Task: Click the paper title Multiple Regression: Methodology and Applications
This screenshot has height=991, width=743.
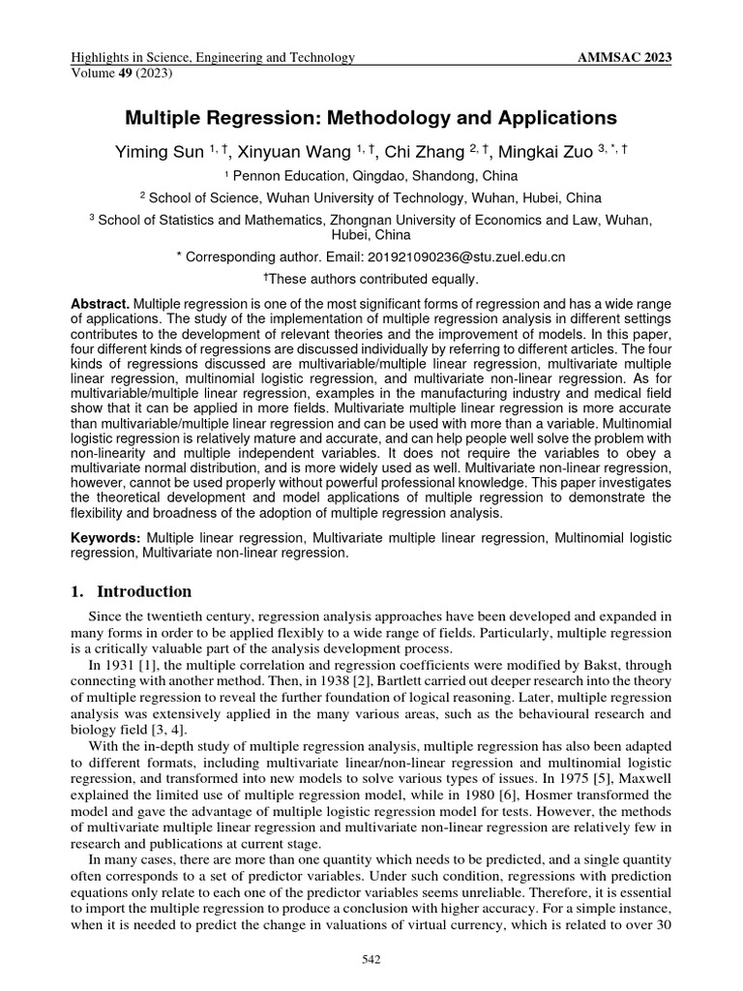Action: pyautogui.click(x=371, y=118)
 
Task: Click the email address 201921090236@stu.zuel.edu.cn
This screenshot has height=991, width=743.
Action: pyautogui.click(x=466, y=257)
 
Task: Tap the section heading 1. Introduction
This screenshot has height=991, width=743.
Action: pyautogui.click(x=131, y=591)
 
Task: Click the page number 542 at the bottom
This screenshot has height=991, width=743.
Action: pyautogui.click(x=371, y=958)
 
